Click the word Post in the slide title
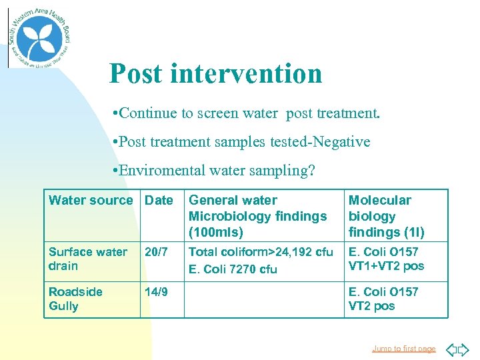(x=136, y=73)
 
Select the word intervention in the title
(x=246, y=73)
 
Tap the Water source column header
(x=91, y=200)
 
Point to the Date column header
(x=159, y=200)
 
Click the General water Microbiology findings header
(x=257, y=216)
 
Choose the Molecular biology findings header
(x=386, y=216)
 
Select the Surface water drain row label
(x=87, y=259)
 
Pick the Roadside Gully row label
(x=75, y=299)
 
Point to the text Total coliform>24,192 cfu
(x=261, y=252)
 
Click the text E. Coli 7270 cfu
(x=233, y=269)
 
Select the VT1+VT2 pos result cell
(x=386, y=266)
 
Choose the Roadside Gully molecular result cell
(x=383, y=299)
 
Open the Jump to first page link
(x=403, y=349)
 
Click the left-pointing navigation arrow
(x=451, y=349)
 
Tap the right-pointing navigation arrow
(x=464, y=349)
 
